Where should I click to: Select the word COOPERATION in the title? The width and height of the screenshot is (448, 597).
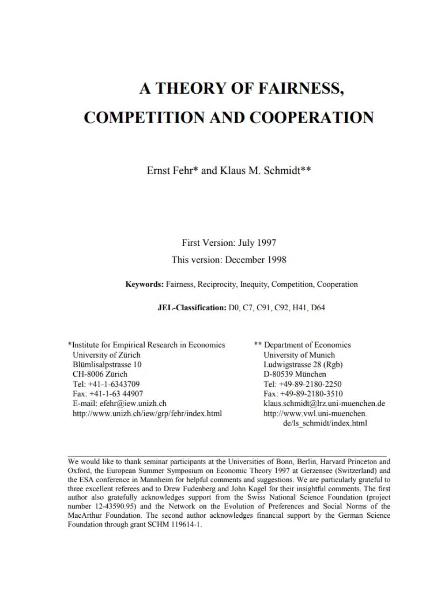pyautogui.click(x=312, y=118)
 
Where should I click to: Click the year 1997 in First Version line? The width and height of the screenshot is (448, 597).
pyautogui.click(x=266, y=243)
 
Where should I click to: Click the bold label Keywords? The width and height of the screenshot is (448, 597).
pyautogui.click(x=144, y=285)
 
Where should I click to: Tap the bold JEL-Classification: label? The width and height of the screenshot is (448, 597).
pyautogui.click(x=191, y=308)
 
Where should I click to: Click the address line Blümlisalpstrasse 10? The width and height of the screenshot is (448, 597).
pyautogui.click(x=107, y=365)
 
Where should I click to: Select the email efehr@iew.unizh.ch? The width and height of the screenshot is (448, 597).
pyautogui.click(x=133, y=403)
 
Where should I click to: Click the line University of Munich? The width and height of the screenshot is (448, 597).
pyautogui.click(x=299, y=355)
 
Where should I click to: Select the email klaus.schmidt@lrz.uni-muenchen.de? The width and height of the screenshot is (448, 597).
pyautogui.click(x=324, y=403)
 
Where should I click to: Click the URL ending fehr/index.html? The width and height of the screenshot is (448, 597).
pyautogui.click(x=147, y=414)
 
